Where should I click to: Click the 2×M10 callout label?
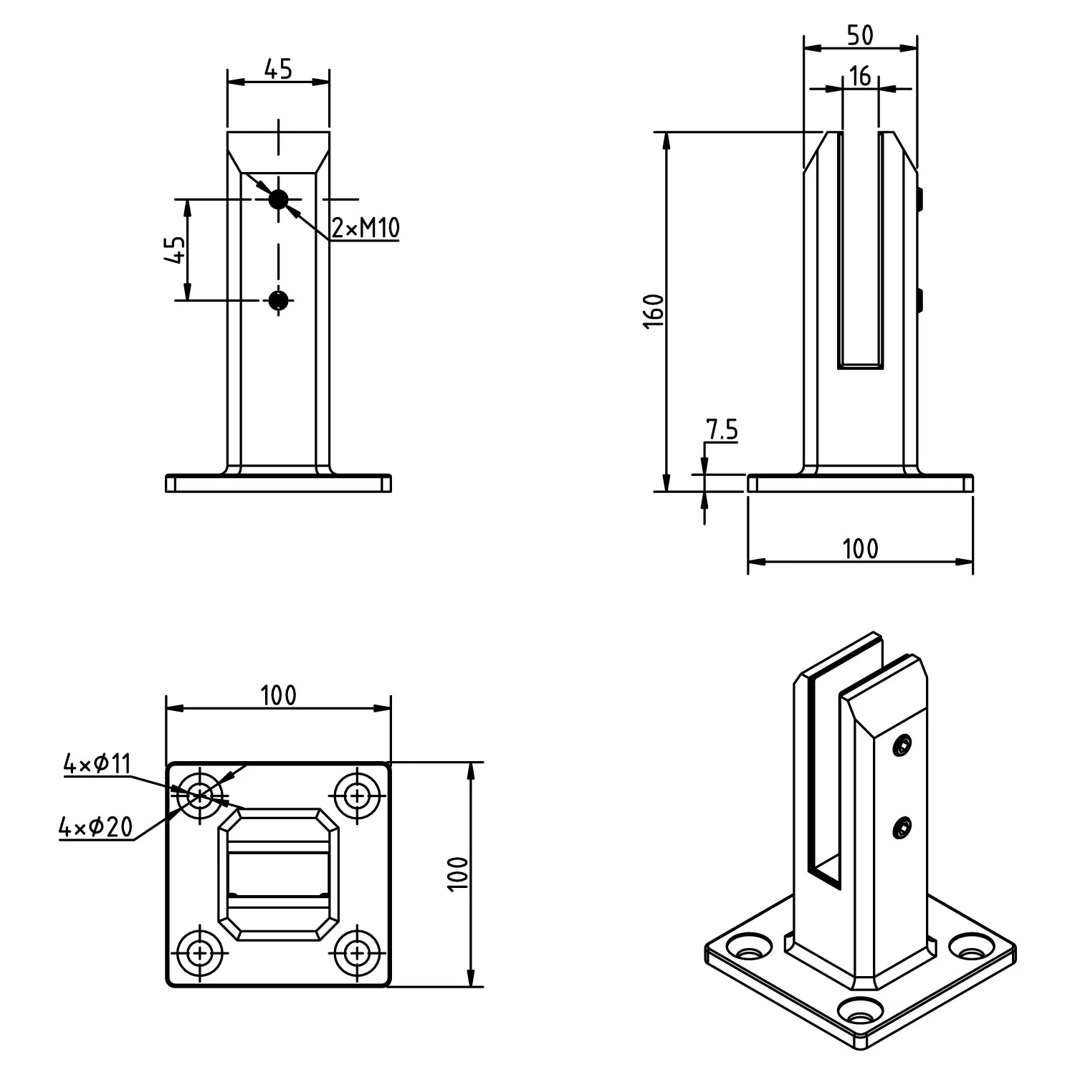pos(365,228)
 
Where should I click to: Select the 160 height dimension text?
pos(654,310)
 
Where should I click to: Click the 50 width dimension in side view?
pos(860,35)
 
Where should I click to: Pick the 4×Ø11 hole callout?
pos(97,765)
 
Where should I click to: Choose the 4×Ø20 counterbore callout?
pos(96,828)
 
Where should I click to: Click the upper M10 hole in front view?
pos(278,199)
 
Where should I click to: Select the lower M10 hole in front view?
pos(278,300)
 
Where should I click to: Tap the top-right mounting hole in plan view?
pos(357,795)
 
